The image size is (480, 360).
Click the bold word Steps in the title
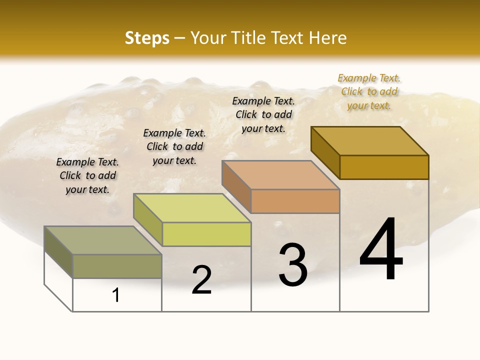coord(147,38)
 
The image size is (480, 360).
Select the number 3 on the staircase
coord(293,265)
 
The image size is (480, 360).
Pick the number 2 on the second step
coord(202,280)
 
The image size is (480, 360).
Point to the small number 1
coord(116,295)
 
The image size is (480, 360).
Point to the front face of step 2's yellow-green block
coord(206,234)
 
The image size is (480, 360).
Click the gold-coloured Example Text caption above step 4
coord(369,92)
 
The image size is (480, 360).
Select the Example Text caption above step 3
coord(263,114)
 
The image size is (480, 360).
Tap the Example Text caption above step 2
coord(174,146)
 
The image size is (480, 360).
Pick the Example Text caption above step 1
coord(87,175)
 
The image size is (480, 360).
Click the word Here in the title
coord(327,38)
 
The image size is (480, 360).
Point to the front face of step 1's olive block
coord(117,266)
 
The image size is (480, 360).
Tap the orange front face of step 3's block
coord(295,201)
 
